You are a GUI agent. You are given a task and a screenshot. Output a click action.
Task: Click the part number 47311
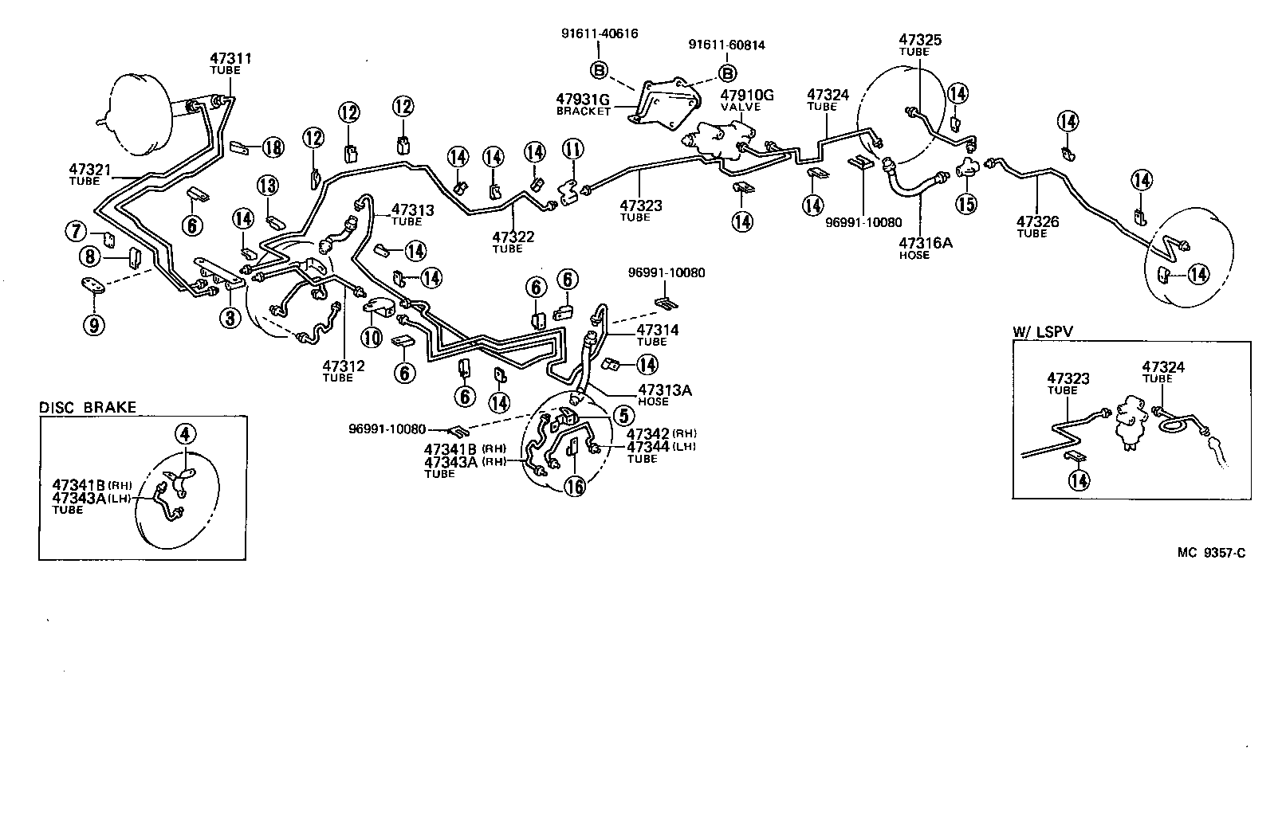230,58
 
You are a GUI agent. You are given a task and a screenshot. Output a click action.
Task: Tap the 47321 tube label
89,170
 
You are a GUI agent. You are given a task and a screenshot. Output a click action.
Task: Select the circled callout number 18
273,147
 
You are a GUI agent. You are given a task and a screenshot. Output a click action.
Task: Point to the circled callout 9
94,324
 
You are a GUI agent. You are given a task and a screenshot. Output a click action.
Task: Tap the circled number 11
572,149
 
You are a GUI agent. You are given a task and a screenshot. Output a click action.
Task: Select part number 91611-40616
599,33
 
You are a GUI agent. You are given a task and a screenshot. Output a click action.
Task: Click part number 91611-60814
726,45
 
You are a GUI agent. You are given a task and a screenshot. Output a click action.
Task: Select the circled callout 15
966,204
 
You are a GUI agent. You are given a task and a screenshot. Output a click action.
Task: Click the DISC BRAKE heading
88,408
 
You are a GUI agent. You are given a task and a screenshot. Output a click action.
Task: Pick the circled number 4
185,434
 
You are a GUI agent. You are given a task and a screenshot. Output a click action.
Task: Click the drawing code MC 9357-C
1210,552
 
